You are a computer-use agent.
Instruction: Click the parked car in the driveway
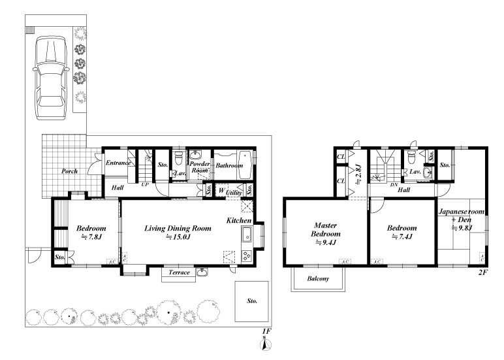click(51, 78)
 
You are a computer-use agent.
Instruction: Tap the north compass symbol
click(265, 344)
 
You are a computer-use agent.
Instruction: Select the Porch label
click(69, 171)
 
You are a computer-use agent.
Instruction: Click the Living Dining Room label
click(178, 229)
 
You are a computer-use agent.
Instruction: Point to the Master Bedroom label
click(326, 229)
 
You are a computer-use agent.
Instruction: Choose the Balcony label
click(318, 278)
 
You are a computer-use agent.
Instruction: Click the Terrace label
click(179, 272)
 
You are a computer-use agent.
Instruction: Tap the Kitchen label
click(239, 220)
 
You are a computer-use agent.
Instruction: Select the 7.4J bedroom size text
click(402, 237)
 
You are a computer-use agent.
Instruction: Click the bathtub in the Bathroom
click(245, 165)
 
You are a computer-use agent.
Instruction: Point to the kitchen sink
click(247, 235)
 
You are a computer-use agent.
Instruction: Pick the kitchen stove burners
click(247, 256)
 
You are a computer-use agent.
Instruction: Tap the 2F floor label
click(483, 272)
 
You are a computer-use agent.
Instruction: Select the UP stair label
click(145, 185)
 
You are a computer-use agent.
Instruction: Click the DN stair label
click(394, 185)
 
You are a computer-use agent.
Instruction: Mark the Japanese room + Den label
click(462, 216)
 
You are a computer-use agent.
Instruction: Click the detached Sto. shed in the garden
click(252, 301)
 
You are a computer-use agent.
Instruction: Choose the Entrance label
click(118, 163)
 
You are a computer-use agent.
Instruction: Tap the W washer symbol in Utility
click(221, 190)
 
